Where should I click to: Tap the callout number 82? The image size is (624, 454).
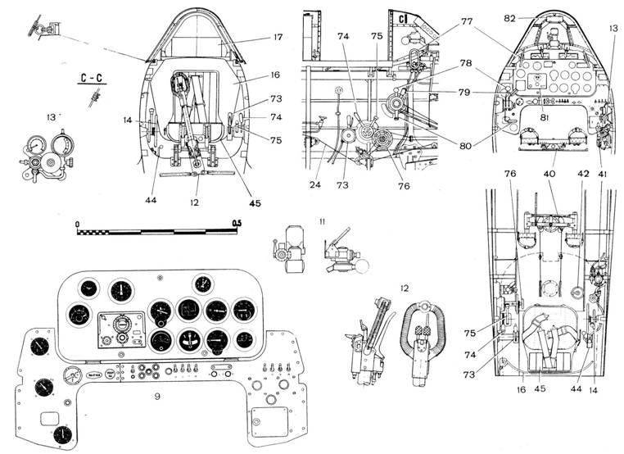pyautogui.click(x=509, y=18)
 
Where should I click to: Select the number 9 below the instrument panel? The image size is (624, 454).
pyautogui.click(x=156, y=396)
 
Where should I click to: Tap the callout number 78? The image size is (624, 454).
pyautogui.click(x=466, y=64)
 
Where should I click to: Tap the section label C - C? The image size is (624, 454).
pyautogui.click(x=95, y=79)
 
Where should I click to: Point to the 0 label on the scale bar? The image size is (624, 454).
pyautogui.click(x=77, y=223)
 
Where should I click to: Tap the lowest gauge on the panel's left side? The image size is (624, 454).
pyautogui.click(x=63, y=434)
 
